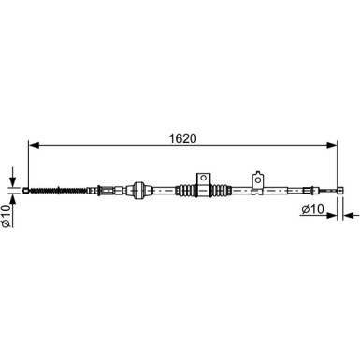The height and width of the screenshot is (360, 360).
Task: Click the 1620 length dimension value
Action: [183, 138]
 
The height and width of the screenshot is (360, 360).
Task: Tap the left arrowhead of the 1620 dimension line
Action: [34, 145]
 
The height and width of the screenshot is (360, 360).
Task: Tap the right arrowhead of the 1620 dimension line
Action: [332, 145]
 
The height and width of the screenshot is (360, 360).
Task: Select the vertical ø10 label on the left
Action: [6, 215]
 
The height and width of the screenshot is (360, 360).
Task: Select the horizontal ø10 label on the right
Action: [312, 209]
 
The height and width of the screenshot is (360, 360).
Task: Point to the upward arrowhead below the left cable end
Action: [13, 198]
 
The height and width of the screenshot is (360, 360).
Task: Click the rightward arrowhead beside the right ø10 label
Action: [332, 215]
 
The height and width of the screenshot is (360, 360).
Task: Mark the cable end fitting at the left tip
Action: [26, 190]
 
